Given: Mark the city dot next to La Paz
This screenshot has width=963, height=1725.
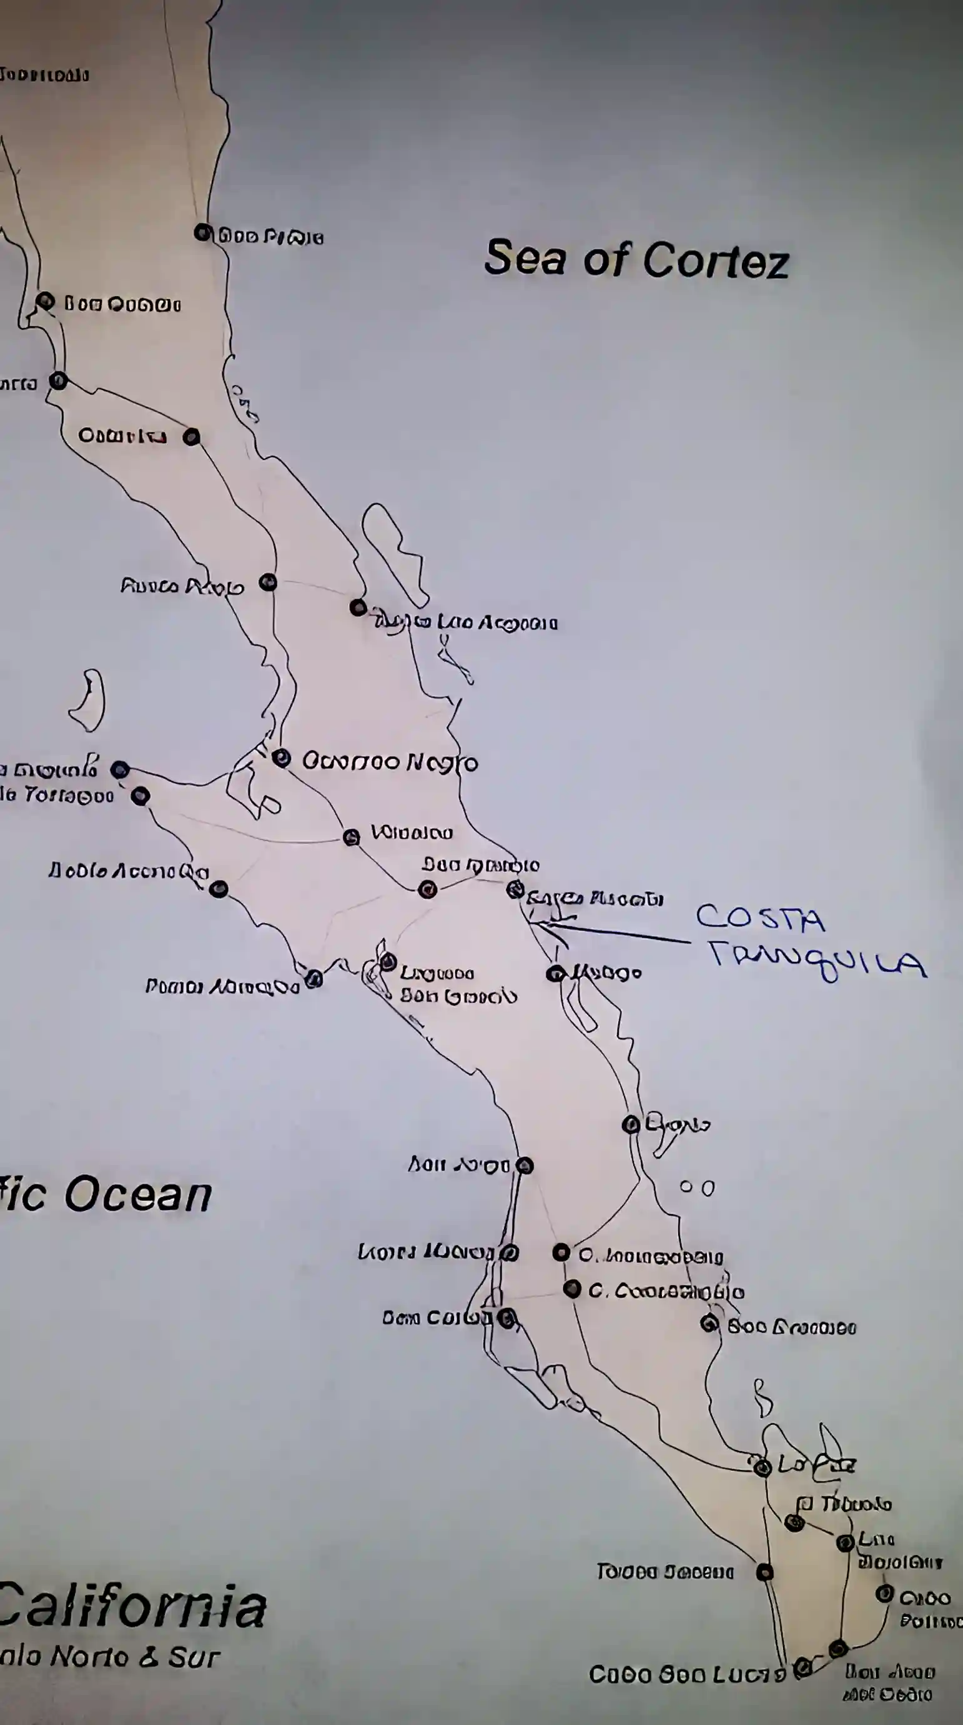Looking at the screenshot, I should [x=763, y=1467].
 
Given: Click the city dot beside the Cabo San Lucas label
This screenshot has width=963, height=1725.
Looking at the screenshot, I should [x=802, y=1668].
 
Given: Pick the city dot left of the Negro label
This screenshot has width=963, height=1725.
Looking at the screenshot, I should [x=281, y=758].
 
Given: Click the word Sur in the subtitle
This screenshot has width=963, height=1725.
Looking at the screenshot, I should [x=194, y=1657].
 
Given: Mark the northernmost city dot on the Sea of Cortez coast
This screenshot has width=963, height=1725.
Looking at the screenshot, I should [x=202, y=232].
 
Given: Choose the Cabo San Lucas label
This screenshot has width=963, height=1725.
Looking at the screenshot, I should [x=686, y=1675].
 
